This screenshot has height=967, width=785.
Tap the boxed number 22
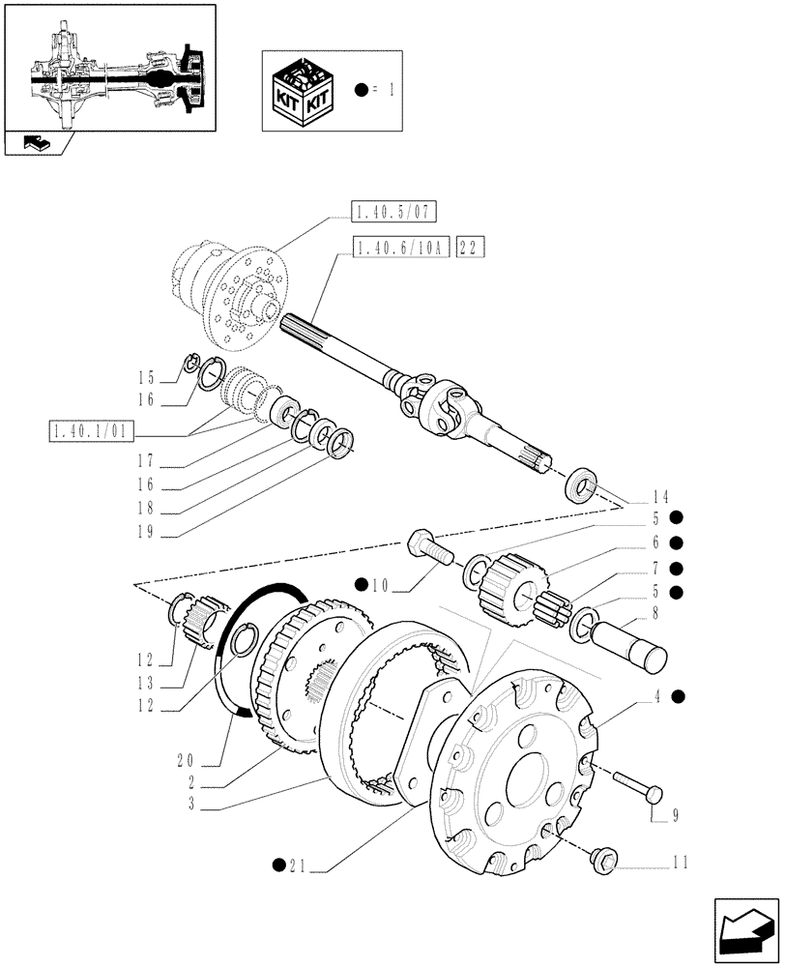[x=471, y=249]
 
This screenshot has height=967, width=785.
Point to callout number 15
[x=146, y=376]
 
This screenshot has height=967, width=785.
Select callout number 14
[x=661, y=493]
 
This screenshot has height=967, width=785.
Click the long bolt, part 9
[x=636, y=785]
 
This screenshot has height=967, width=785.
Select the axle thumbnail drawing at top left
[x=108, y=67]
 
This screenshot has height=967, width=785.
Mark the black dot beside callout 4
[x=678, y=694]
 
